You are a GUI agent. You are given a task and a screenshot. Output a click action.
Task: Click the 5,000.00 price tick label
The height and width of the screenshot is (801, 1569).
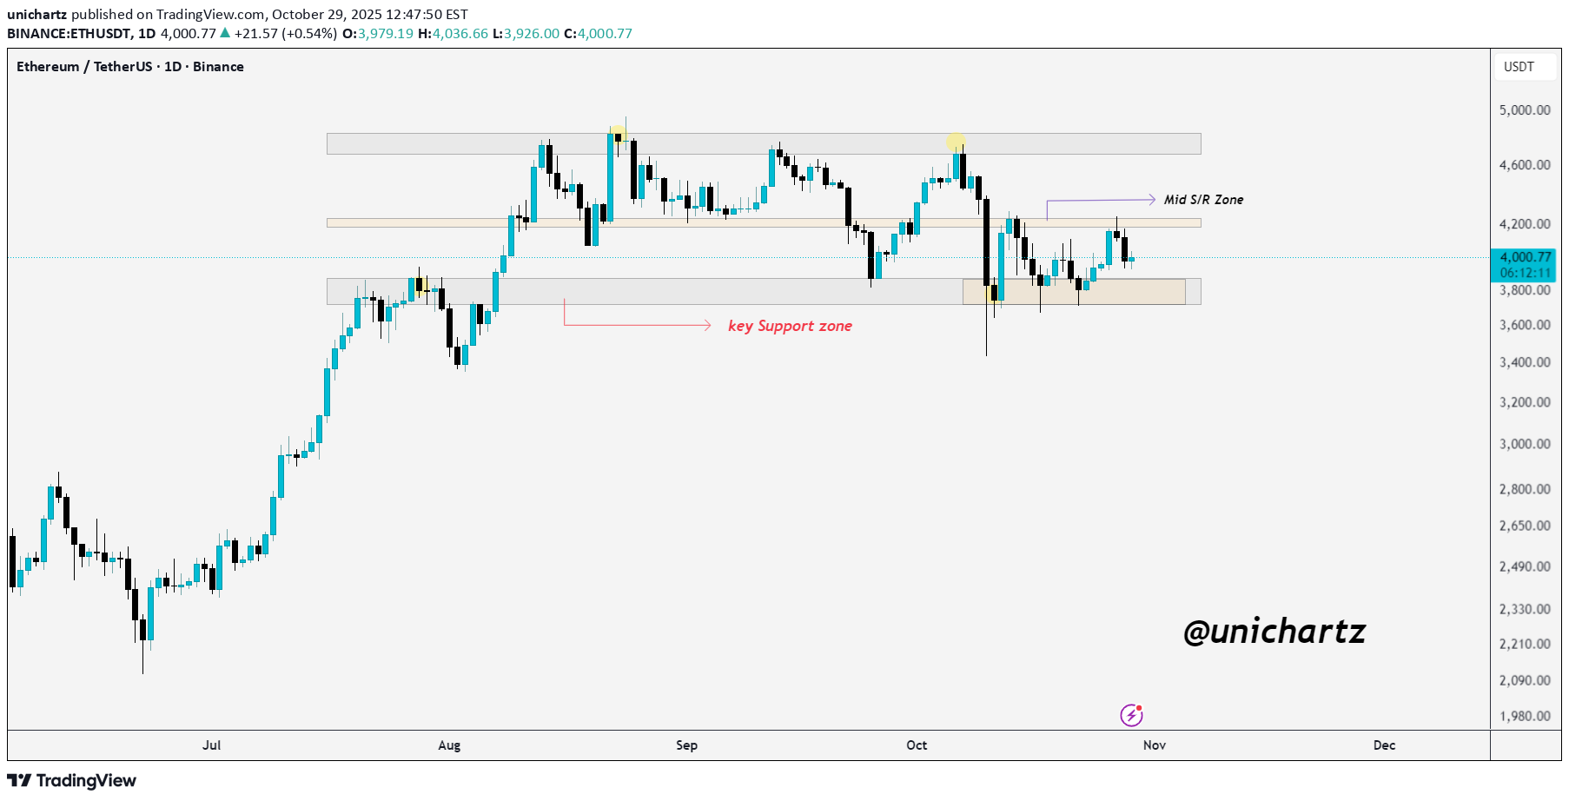[1525, 110]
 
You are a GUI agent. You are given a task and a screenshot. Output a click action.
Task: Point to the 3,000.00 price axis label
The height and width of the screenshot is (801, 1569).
[1525, 444]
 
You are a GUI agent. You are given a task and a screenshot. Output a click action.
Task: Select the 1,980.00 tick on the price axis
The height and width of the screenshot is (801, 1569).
[1525, 716]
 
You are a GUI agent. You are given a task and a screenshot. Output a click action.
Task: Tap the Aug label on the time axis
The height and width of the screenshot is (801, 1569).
[449, 745]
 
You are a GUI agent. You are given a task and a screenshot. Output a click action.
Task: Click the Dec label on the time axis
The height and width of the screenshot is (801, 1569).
[1384, 745]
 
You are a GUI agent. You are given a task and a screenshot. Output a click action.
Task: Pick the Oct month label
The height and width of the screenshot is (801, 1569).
[917, 745]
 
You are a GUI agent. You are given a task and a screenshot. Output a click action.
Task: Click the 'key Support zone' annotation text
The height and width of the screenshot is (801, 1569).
[790, 326]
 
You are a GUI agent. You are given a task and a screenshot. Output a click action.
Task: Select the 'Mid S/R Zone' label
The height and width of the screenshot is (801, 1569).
[1203, 200]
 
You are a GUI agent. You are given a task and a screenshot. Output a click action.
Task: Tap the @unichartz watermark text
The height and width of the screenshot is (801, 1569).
[1274, 632]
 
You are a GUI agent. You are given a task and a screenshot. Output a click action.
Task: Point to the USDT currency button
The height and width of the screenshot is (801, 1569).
[1519, 67]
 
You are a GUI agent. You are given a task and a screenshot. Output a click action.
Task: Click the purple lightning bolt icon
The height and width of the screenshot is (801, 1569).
[1131, 715]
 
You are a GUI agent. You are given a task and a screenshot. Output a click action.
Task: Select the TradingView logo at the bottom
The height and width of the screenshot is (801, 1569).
[72, 780]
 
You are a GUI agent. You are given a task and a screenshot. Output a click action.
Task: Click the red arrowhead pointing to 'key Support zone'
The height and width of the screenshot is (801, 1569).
[707, 326]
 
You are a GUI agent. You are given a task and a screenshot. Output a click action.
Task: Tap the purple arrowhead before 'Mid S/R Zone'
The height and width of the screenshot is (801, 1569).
[1151, 200]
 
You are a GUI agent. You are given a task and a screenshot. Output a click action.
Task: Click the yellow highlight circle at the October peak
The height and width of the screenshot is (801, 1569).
[956, 142]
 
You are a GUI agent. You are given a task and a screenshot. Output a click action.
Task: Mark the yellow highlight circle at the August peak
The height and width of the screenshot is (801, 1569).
[618, 133]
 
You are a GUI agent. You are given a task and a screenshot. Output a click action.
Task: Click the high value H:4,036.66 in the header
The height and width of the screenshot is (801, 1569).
[453, 34]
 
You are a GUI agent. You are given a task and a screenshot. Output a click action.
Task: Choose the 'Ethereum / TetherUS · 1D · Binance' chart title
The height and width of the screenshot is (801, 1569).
[130, 67]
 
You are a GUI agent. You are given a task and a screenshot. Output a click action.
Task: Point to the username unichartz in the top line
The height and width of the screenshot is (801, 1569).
[37, 15]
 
